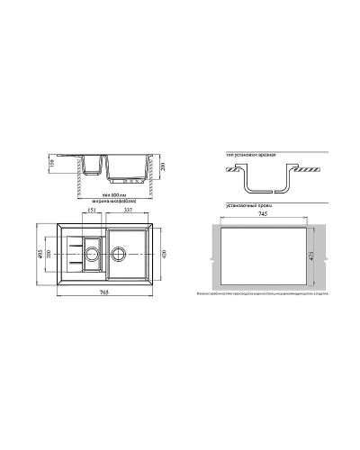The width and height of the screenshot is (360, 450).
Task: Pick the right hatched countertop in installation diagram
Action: pos(310,170)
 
